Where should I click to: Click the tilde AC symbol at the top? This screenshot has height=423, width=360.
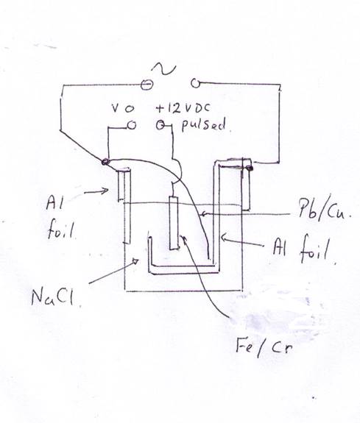click(x=163, y=69)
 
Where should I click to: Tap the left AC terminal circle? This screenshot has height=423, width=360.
click(x=147, y=85)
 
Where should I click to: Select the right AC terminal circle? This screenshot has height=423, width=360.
click(x=195, y=83)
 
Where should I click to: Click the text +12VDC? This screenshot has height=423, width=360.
click(x=183, y=108)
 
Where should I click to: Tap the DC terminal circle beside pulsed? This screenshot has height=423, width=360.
click(x=160, y=124)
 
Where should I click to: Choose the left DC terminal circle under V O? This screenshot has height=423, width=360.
click(x=132, y=126)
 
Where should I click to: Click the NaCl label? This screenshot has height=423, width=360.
click(x=52, y=297)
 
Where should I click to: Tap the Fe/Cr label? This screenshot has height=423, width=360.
click(x=264, y=347)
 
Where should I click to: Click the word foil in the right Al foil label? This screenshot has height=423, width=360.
click(x=314, y=248)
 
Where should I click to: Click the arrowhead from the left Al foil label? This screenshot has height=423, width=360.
click(x=105, y=191)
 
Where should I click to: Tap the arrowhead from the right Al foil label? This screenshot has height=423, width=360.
click(x=224, y=238)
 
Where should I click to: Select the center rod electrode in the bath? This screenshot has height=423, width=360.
click(x=174, y=223)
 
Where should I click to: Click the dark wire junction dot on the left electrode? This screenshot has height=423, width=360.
click(x=105, y=162)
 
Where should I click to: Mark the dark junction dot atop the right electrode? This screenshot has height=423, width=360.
click(x=250, y=168)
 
